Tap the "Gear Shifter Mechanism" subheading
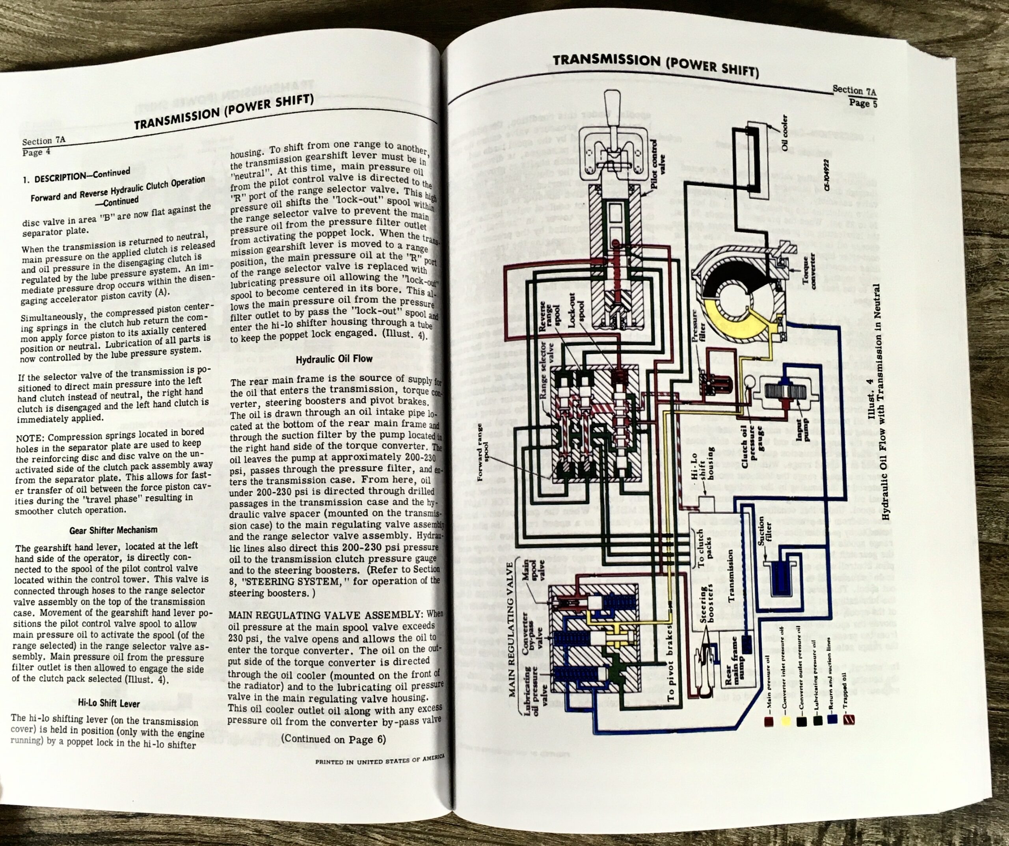[x=114, y=530]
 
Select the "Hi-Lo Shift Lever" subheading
[x=109, y=704]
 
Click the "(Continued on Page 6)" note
[x=333, y=739]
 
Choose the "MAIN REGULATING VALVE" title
[x=513, y=643]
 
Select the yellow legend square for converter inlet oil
[x=786, y=719]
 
